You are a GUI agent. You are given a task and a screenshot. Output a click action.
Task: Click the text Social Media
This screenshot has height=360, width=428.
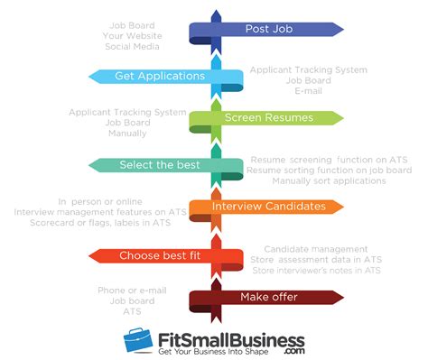[x=132, y=44]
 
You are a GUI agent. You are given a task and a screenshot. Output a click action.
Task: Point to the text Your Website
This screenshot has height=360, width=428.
[x=131, y=34]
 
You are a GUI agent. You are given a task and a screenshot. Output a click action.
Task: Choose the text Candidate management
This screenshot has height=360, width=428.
[x=315, y=248]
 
